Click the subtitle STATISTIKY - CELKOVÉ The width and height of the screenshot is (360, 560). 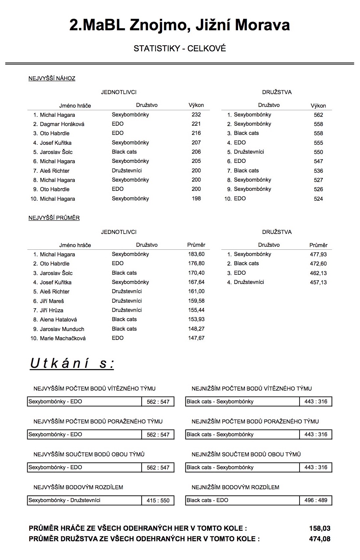180,49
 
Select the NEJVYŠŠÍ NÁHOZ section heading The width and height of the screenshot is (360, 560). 52,78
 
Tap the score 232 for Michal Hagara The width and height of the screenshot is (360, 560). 196,115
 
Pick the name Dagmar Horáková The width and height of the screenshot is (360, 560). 62,124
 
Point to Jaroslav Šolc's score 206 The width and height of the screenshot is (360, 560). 196,152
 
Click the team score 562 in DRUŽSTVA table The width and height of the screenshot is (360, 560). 318,115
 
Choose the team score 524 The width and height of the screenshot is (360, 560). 318,199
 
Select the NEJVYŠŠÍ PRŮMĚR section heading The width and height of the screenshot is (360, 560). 54,218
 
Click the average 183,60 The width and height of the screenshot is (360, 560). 196,254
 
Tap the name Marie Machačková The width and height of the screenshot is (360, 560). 62,338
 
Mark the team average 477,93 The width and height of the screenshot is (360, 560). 318,254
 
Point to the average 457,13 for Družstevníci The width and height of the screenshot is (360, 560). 318,282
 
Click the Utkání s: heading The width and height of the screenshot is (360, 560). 72,364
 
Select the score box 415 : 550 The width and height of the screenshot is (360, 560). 158,500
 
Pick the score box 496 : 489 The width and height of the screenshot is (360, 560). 316,500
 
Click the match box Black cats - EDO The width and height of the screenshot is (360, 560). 242,500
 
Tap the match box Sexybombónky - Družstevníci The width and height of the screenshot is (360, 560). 84,500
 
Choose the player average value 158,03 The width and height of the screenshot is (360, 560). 320,528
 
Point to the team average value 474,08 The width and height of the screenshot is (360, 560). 320,539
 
